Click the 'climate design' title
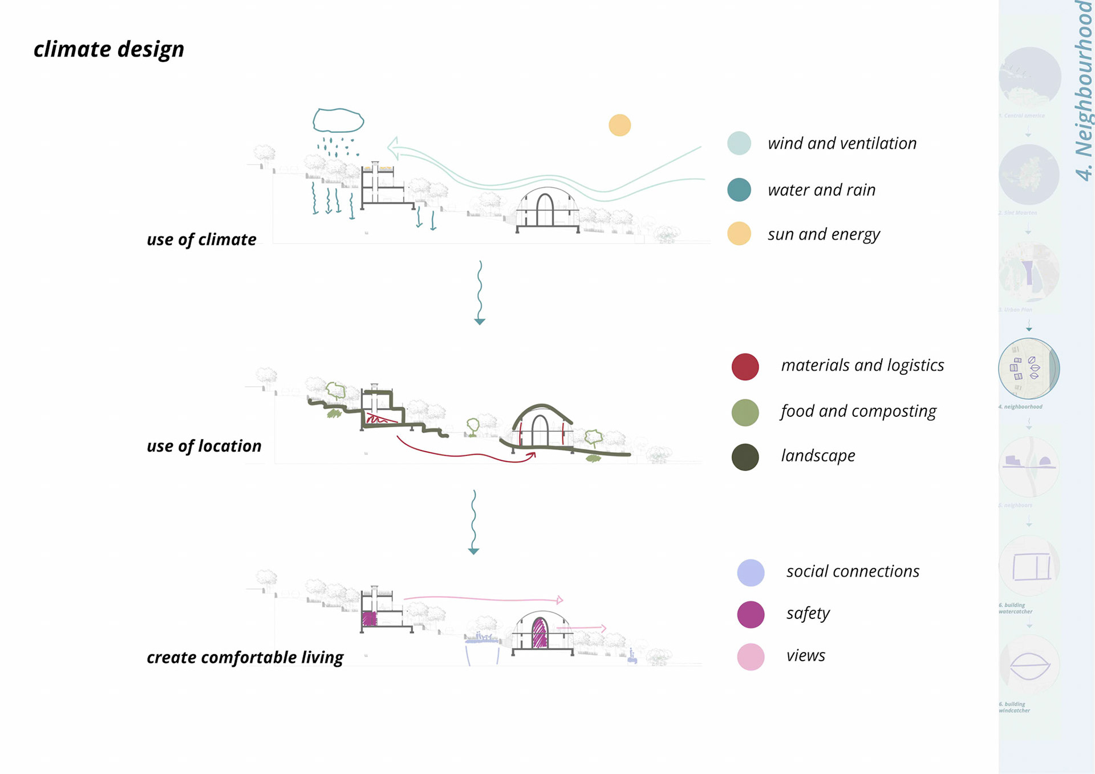pos(109,50)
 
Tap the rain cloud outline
pos(338,120)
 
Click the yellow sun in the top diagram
pos(619,125)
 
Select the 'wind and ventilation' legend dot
pos(739,143)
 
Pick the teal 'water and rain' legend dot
pos(739,190)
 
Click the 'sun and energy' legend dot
pos(739,234)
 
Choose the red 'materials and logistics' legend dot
pos(745,367)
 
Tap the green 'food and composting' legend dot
pos(745,412)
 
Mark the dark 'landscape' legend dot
pos(745,457)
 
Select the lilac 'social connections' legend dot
pos(751,573)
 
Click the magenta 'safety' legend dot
pos(751,615)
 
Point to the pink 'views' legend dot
pos(751,657)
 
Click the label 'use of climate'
pos(201,240)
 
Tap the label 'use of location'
pos(204,446)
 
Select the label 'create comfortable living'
pos(245,658)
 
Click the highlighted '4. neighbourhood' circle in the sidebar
pos(1028,368)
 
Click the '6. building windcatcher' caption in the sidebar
pos(1014,707)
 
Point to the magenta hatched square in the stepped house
pos(370,619)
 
